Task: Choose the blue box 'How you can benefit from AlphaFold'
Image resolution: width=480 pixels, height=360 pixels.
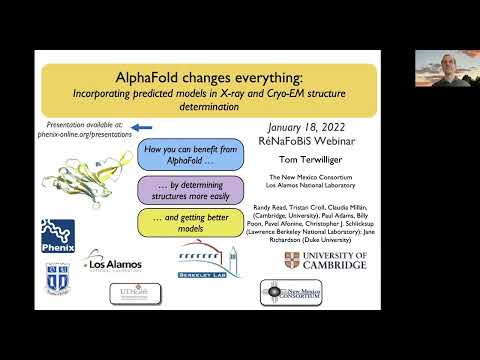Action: pyautogui.click(x=184, y=155)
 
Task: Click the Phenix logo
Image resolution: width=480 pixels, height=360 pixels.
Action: pyautogui.click(x=59, y=236)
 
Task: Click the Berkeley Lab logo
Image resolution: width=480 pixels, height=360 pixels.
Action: pyautogui.click(x=207, y=259)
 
